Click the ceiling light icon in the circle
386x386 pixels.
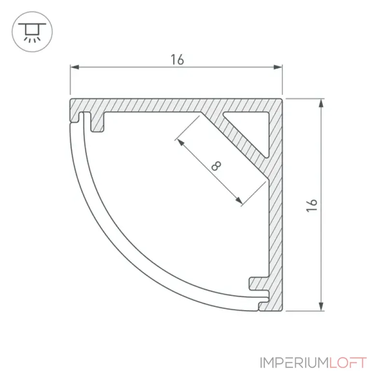[32, 32]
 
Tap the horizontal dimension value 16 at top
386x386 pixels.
[177, 60]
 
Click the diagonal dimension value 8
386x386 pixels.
[216, 165]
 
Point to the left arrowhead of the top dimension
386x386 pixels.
[75, 67]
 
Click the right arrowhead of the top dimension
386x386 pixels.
[278, 67]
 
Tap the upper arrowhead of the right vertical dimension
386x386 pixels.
[321, 103]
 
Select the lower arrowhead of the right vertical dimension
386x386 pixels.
[321, 306]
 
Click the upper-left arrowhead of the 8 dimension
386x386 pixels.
[181, 142]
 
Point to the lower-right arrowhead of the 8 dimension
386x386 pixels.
[238, 200]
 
